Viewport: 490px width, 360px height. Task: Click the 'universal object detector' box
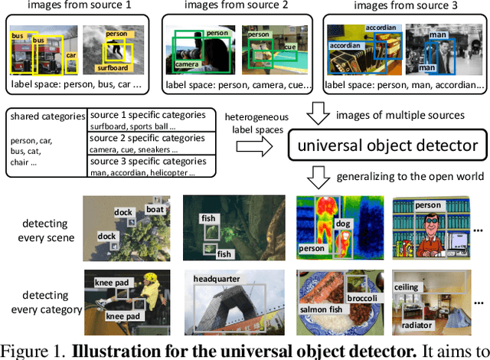pos(387,145)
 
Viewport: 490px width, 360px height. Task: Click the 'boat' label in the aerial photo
pos(155,209)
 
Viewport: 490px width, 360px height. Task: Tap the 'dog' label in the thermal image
pos(342,224)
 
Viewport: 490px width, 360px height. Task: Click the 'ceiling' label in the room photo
pos(407,287)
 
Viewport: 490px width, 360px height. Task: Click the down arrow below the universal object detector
pos(316,178)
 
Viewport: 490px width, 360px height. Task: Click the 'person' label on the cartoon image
pos(428,205)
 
